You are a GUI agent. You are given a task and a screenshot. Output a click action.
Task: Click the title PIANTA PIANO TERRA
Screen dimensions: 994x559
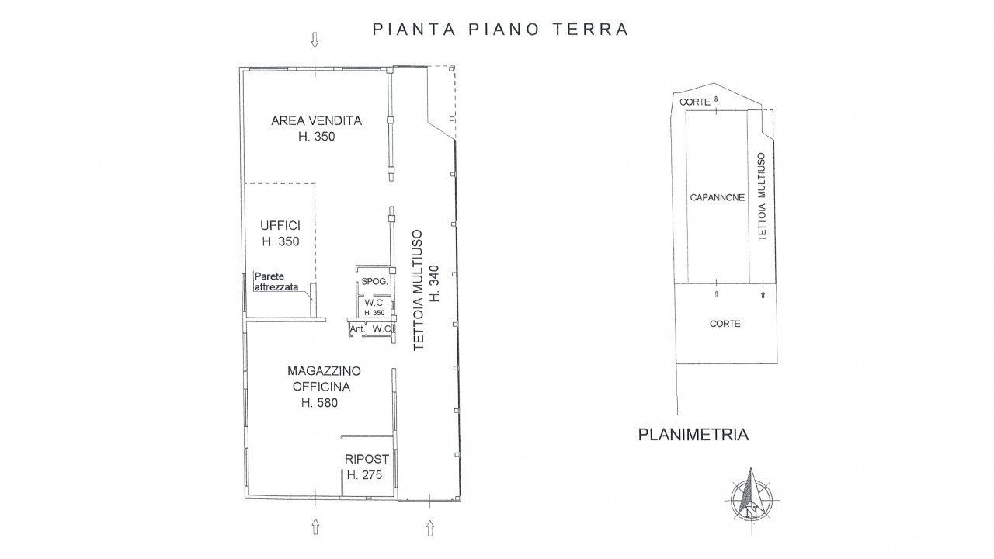click(x=500, y=30)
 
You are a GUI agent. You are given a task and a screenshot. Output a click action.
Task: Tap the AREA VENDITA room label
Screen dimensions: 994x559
click(x=316, y=120)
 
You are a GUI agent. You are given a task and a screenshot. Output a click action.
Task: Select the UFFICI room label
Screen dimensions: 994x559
click(x=280, y=225)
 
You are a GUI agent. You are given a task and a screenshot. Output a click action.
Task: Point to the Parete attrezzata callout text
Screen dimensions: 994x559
click(x=276, y=282)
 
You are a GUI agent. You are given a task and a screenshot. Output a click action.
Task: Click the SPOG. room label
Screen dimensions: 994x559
click(x=374, y=281)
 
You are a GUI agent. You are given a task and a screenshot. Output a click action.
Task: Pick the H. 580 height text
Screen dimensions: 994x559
click(x=319, y=403)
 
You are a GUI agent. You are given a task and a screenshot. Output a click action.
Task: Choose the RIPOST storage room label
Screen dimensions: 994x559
click(x=367, y=459)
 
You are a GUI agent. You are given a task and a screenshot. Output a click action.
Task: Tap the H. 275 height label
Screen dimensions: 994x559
click(x=364, y=475)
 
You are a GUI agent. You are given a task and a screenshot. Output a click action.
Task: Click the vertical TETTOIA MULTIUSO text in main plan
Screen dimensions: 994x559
click(x=419, y=290)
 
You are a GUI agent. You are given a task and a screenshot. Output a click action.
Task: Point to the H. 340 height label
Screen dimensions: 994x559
click(x=434, y=284)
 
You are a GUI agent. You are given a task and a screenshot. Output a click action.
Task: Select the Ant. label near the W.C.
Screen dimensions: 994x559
click(x=357, y=329)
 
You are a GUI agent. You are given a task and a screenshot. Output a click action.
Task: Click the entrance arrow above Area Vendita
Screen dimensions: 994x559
click(x=315, y=40)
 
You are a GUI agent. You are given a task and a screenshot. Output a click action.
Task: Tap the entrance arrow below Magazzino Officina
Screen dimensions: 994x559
click(x=315, y=526)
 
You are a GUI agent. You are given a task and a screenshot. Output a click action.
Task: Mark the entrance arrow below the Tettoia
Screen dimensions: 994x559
click(x=429, y=528)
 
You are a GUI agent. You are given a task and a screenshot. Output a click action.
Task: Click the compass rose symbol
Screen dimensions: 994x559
click(x=751, y=499)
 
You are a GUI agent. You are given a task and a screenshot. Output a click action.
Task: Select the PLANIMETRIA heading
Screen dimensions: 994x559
click(x=693, y=435)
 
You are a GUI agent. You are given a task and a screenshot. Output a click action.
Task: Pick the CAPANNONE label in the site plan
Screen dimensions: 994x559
click(x=717, y=197)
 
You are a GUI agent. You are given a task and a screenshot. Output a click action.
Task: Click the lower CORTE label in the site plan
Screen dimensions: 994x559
click(x=725, y=324)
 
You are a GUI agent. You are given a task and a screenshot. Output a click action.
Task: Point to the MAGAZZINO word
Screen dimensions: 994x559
click(x=324, y=371)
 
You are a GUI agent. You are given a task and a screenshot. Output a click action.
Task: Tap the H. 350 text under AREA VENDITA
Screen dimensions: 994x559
click(x=316, y=137)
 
